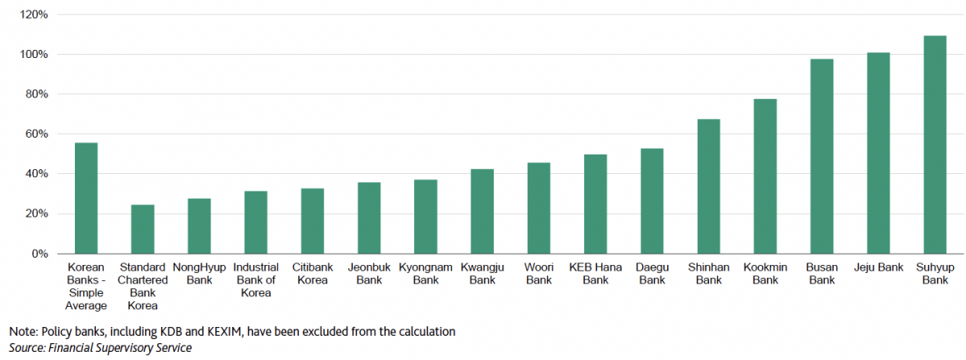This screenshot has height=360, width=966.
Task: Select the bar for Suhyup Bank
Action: [x=935, y=145]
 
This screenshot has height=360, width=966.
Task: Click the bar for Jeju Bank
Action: [x=878, y=153]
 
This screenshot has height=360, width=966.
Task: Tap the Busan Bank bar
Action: [x=822, y=156]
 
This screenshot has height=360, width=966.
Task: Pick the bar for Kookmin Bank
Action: [x=765, y=176]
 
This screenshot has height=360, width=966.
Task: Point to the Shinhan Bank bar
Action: [x=708, y=186]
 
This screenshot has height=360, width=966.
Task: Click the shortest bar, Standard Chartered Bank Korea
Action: [x=143, y=230]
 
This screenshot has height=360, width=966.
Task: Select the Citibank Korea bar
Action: [x=313, y=221]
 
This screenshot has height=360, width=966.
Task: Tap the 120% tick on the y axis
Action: [x=33, y=14]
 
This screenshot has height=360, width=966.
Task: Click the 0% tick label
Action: [x=39, y=254]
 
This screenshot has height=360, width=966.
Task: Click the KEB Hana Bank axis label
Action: [x=595, y=273]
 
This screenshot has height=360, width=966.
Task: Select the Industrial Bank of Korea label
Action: [x=256, y=279]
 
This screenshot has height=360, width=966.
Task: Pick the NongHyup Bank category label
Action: [x=199, y=273]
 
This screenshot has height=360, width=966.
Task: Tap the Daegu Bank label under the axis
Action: [x=652, y=273]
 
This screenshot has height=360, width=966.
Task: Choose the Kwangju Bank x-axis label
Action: [x=482, y=273]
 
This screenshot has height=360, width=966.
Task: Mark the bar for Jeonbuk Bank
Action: [x=369, y=217]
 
